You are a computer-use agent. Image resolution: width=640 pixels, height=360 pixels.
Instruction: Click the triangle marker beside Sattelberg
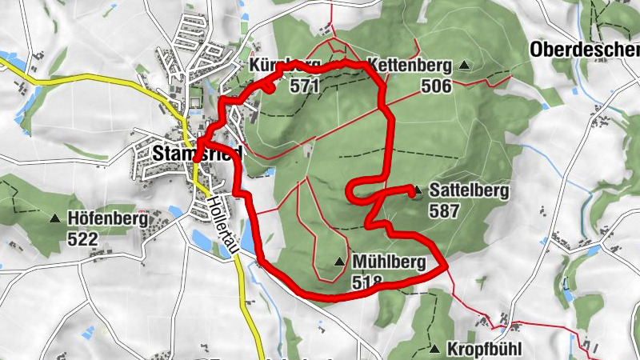click(x=417, y=192)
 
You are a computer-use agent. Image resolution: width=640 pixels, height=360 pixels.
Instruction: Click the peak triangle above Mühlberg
click(x=340, y=262)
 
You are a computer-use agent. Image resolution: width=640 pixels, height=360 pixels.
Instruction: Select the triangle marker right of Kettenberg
click(x=465, y=66)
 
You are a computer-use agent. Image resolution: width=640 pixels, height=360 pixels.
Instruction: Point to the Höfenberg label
click(x=108, y=218)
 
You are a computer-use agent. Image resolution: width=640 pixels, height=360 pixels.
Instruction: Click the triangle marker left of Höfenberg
click(x=56, y=218)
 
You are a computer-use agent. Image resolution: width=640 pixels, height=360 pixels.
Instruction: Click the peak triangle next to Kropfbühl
click(x=434, y=350)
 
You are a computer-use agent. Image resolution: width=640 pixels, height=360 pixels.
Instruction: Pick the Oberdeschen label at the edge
click(x=584, y=50)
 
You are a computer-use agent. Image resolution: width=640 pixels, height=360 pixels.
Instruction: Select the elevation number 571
click(x=305, y=86)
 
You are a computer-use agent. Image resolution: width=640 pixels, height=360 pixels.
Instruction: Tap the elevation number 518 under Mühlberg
click(x=366, y=282)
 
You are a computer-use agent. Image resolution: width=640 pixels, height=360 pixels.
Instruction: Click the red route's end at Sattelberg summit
click(x=412, y=190)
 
